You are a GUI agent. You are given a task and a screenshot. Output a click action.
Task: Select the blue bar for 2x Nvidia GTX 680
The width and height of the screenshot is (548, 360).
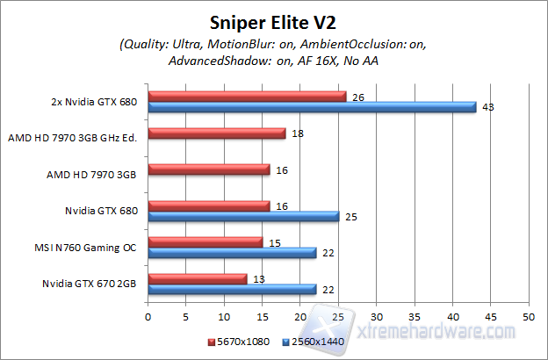point(312,107)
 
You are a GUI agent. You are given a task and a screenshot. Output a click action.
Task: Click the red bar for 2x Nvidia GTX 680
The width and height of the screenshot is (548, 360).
point(248,97)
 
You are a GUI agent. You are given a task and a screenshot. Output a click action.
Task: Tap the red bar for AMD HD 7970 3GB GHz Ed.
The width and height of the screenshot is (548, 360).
point(217,133)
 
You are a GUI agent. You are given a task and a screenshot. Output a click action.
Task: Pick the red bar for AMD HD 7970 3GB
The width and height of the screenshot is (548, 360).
point(209,169)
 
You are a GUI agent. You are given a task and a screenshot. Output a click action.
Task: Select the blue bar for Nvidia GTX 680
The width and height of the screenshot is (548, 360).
point(243,216)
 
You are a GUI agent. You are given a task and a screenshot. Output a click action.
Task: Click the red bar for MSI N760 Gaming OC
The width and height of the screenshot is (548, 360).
point(205,241)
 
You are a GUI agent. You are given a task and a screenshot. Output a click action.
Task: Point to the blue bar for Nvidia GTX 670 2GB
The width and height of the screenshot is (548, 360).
point(232,289)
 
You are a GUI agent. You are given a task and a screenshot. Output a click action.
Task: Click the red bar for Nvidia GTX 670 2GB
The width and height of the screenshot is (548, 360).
point(198,278)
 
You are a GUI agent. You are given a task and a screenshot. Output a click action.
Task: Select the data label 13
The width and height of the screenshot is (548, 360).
point(258,278)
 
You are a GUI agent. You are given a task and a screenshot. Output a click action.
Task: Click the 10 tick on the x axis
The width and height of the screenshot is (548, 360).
point(224,314)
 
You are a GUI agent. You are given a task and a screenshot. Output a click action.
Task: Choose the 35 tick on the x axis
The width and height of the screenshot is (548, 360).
point(414,314)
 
